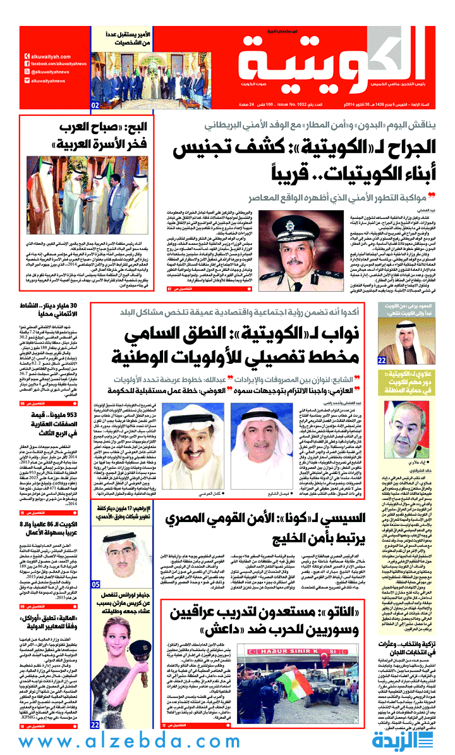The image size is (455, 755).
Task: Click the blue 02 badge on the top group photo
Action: click(x=95, y=104)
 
